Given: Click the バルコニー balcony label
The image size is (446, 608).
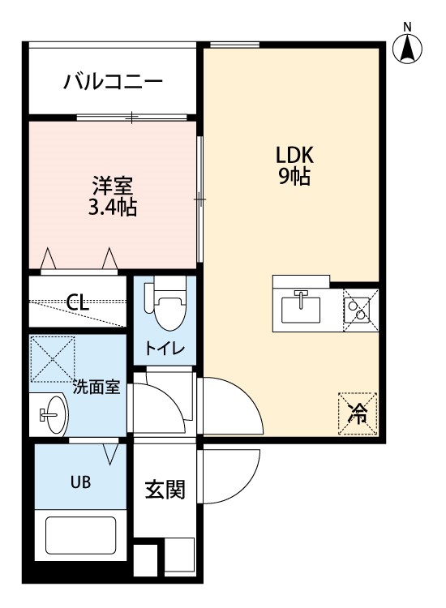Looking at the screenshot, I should click(x=114, y=82).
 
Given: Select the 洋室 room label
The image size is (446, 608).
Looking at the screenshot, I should click(x=112, y=185).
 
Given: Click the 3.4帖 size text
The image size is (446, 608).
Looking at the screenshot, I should click(x=112, y=208).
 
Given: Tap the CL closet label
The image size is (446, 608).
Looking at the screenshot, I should click(x=78, y=303).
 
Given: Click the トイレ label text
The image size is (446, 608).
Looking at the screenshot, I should click(x=165, y=349).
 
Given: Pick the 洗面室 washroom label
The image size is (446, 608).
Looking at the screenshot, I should click(x=96, y=387).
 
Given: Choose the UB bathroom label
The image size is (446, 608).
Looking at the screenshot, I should click(x=79, y=482).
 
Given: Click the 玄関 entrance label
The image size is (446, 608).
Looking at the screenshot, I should click(x=165, y=490).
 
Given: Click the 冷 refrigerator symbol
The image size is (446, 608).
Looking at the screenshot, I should click(x=357, y=413).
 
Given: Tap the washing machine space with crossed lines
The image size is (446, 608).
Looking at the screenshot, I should click(x=53, y=358).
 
